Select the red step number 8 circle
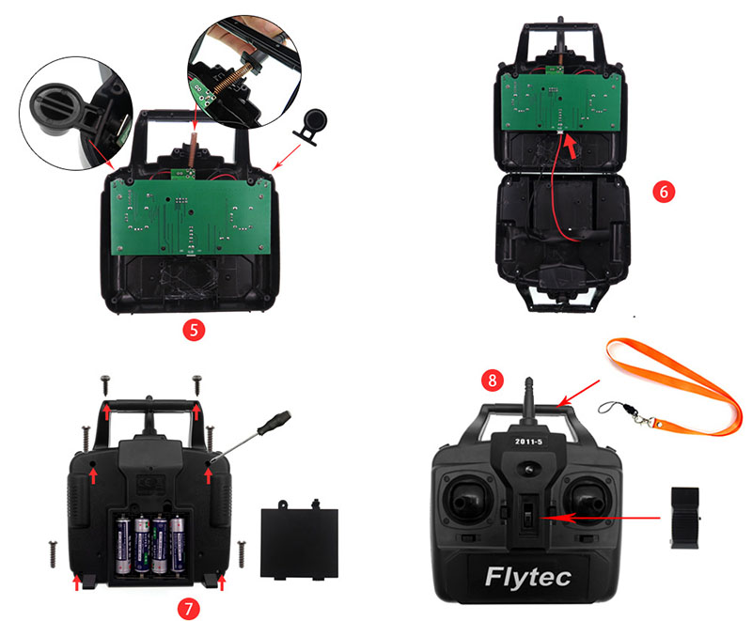click(x=491, y=380)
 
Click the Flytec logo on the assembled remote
click(x=529, y=576)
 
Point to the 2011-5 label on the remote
click(x=525, y=441)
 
